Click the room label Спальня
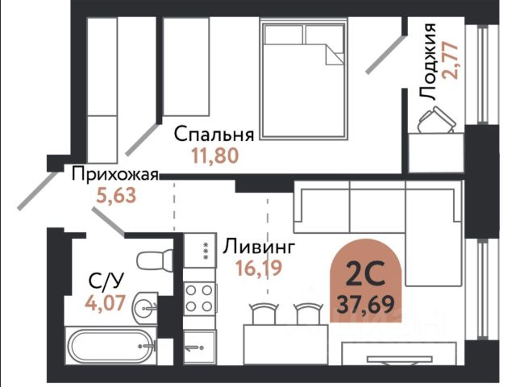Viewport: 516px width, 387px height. pyautogui.click(x=214, y=135)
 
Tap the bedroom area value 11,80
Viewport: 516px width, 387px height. pyautogui.click(x=215, y=156)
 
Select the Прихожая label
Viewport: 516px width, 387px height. pyautogui.click(x=115, y=174)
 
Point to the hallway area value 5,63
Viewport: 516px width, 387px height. pyautogui.click(x=116, y=195)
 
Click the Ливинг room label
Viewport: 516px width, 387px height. pyautogui.click(x=258, y=247)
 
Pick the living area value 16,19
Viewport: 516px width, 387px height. pyautogui.click(x=259, y=268)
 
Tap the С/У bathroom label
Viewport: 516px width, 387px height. pyautogui.click(x=106, y=281)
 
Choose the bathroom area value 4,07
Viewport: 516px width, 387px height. pyautogui.click(x=106, y=303)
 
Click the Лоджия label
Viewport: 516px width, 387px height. pyautogui.click(x=428, y=61)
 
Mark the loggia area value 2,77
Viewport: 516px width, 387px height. pyautogui.click(x=451, y=60)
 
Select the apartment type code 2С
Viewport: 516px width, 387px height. pyautogui.click(x=365, y=273)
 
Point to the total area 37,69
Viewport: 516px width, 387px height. pyautogui.click(x=365, y=304)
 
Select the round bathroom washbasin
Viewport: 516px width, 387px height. pyautogui.click(x=145, y=307)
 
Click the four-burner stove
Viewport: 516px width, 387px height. pyautogui.click(x=199, y=299)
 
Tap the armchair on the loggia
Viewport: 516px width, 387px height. pyautogui.click(x=436, y=120)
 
